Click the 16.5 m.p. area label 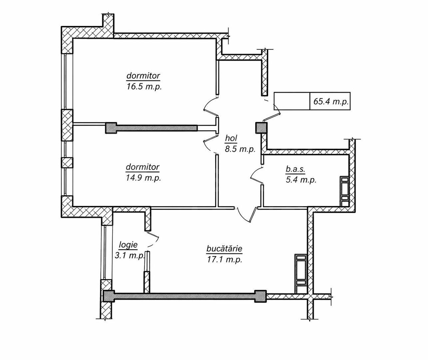pyautogui.click(x=144, y=87)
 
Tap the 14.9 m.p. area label pyautogui.click(x=143, y=178)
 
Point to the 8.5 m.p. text pyautogui.click(x=240, y=149)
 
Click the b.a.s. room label pyautogui.click(x=295, y=169)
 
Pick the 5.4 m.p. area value pyautogui.click(x=301, y=180)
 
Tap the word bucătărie pyautogui.click(x=224, y=248)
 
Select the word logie pyautogui.click(x=128, y=245)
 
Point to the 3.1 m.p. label pyautogui.click(x=130, y=256)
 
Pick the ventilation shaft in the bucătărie pyautogui.click(x=301, y=274)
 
